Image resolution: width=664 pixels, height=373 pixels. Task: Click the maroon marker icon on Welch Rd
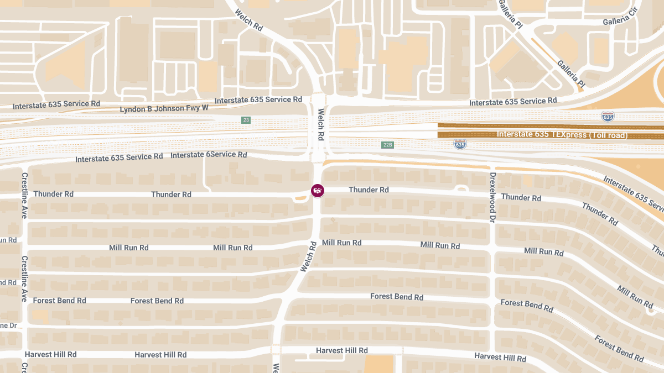[318, 191]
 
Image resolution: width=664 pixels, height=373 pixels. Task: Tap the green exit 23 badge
[246, 120]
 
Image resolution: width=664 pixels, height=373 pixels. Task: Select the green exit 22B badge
[387, 145]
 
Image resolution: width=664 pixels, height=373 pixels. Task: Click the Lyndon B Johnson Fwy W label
[164, 108]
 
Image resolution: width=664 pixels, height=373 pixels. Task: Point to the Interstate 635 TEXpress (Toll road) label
[562, 134]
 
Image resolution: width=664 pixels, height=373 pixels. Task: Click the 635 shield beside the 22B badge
[460, 144]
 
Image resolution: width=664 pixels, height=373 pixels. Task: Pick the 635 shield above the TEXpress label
[608, 117]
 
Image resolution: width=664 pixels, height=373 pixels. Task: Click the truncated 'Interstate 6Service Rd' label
[209, 155]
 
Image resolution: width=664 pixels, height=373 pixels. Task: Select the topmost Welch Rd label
[248, 19]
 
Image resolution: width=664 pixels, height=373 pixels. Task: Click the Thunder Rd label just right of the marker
[369, 190]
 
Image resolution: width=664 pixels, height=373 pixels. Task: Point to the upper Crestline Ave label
[24, 195]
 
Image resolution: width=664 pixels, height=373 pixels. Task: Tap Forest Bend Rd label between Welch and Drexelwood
[397, 297]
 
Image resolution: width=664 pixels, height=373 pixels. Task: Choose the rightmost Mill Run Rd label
[635, 297]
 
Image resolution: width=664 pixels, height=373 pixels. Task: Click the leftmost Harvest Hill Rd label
[50, 354]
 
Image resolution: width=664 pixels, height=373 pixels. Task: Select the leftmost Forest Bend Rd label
[60, 301]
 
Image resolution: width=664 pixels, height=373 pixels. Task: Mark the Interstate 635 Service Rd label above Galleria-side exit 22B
[513, 102]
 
